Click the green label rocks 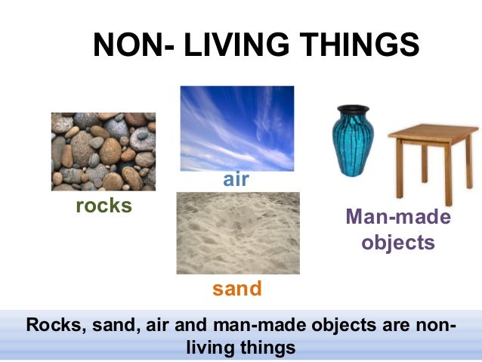(x=104, y=206)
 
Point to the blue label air (x=236, y=180)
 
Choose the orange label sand (x=237, y=288)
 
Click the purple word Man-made (x=398, y=218)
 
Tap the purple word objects (x=398, y=243)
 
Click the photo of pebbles (x=104, y=151)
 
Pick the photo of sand (x=237, y=233)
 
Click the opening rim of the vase (x=351, y=108)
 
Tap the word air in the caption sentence (x=170, y=326)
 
